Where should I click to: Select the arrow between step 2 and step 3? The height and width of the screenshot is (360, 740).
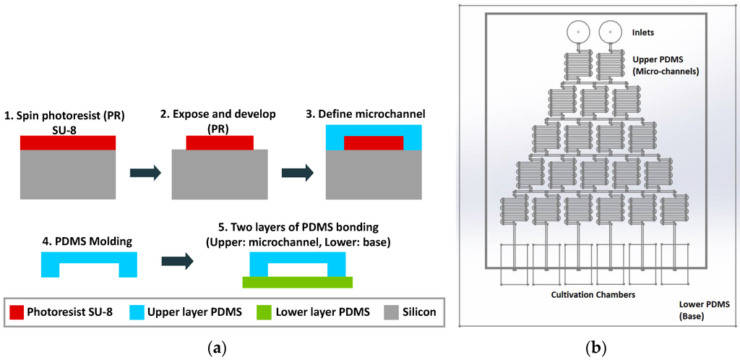click(296, 173)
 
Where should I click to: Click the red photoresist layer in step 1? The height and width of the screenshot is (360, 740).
click(68, 142)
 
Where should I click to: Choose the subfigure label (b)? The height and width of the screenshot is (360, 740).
click(596, 348)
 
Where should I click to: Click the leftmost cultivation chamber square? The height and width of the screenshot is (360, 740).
click(515, 265)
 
